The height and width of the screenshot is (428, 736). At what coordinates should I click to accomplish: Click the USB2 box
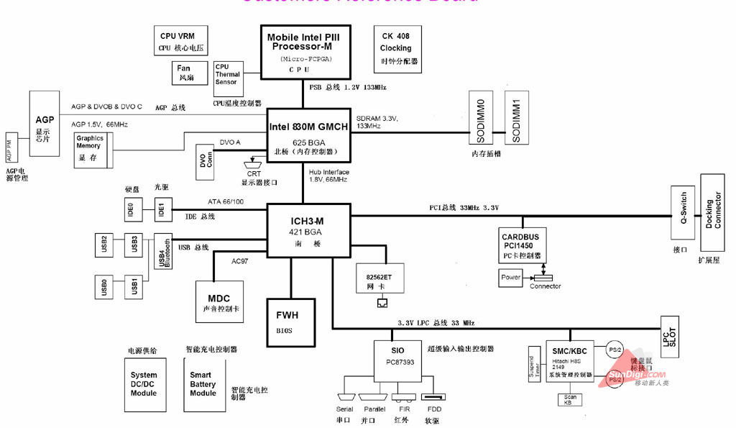pos(104,244)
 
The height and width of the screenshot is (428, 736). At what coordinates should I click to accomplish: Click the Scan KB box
pos(570,399)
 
